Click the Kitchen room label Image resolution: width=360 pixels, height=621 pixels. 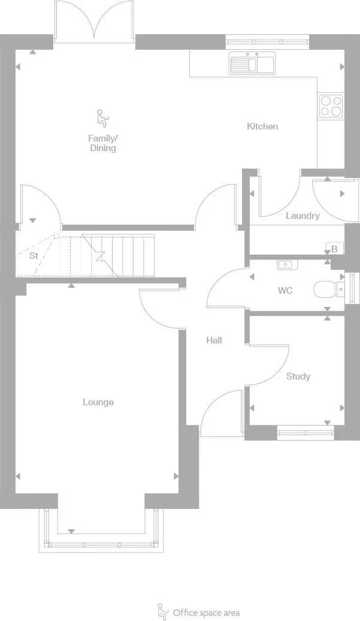(x=262, y=126)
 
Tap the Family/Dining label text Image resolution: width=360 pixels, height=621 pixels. (x=102, y=143)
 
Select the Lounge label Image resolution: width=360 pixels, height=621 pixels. (x=98, y=402)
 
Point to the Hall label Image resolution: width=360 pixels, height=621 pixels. (x=214, y=340)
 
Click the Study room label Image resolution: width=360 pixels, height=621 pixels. (x=298, y=376)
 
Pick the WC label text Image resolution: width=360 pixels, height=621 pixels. (x=285, y=291)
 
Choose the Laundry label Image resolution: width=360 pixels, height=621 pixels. (x=302, y=216)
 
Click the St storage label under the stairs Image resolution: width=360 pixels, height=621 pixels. (x=34, y=255)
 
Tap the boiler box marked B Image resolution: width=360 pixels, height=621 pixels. (x=334, y=249)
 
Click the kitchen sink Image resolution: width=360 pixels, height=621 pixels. (x=252, y=64)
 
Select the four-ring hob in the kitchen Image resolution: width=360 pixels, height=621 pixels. (x=331, y=106)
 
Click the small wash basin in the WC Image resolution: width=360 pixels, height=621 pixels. (x=285, y=264)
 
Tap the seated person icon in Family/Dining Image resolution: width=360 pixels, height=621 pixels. (x=102, y=119)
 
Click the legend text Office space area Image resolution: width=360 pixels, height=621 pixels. (x=206, y=613)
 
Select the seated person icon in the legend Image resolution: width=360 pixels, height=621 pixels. (x=162, y=611)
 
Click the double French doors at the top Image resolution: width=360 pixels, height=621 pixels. (x=93, y=22)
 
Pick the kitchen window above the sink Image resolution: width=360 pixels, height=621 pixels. (x=267, y=42)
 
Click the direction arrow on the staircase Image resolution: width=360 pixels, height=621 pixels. (x=99, y=255)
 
